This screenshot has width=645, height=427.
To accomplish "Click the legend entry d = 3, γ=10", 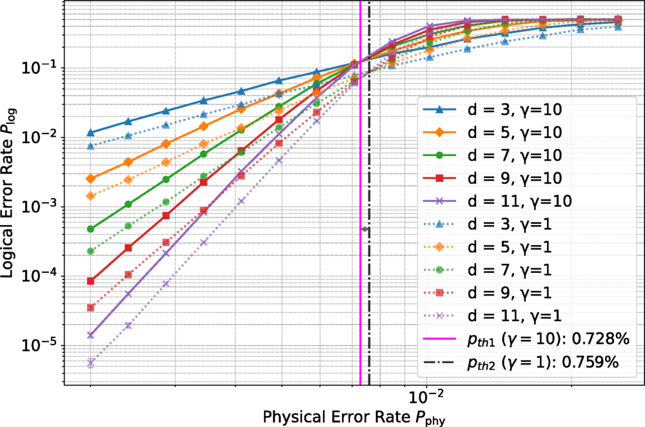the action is tap(492, 110).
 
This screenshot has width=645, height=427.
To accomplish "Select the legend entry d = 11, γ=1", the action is tap(492, 315).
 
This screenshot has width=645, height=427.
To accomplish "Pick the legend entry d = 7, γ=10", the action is tap(492, 155).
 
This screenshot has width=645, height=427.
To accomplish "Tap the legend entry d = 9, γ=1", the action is tap(492, 292).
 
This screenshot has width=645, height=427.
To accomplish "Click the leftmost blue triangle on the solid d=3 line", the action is tap(90, 132).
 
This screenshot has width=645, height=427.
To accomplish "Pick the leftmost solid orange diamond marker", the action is tap(90, 179).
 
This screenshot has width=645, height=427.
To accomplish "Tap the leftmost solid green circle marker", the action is tap(90, 229).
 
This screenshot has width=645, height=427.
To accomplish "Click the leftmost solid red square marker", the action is tap(90, 281).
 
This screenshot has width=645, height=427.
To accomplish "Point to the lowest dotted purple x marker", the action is tap(90, 363).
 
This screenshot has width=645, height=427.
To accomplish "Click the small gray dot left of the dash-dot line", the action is tap(364, 229).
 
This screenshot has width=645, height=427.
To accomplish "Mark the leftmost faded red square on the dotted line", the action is tap(90, 308).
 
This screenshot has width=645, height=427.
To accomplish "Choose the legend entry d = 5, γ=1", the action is tap(492, 247).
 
